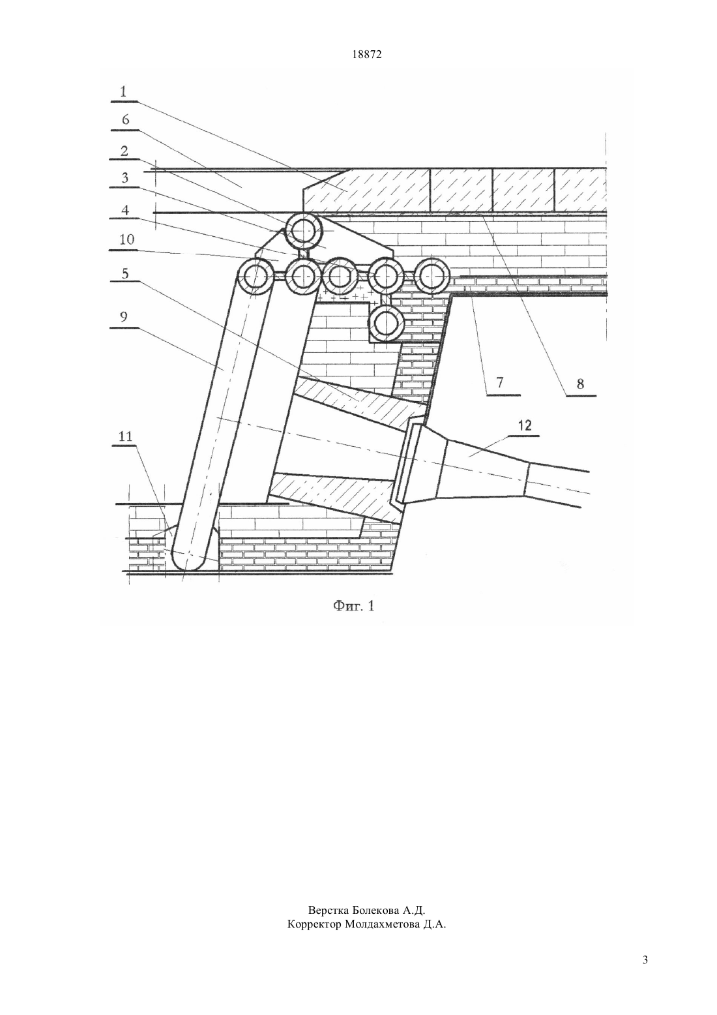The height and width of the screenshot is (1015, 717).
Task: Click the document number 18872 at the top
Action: pyautogui.click(x=366, y=55)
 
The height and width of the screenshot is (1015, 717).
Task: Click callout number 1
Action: pyautogui.click(x=123, y=91)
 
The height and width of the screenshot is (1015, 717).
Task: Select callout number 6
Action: pyautogui.click(x=125, y=119)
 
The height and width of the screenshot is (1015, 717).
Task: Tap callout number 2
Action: pyautogui.click(x=124, y=151)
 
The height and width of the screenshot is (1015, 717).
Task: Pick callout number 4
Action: pyautogui.click(x=124, y=210)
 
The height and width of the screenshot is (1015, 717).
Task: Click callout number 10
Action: pyautogui.click(x=126, y=239)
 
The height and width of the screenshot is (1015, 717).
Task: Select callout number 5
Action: pyautogui.click(x=124, y=273)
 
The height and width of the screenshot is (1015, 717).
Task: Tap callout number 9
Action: pyautogui.click(x=124, y=317)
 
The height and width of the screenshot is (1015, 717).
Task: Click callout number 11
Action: pyautogui.click(x=125, y=436)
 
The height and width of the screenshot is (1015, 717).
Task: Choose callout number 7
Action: pyautogui.click(x=499, y=382)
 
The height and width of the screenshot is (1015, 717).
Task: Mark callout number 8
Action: pyautogui.click(x=580, y=384)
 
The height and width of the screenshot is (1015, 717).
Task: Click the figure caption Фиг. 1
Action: pyautogui.click(x=353, y=606)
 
